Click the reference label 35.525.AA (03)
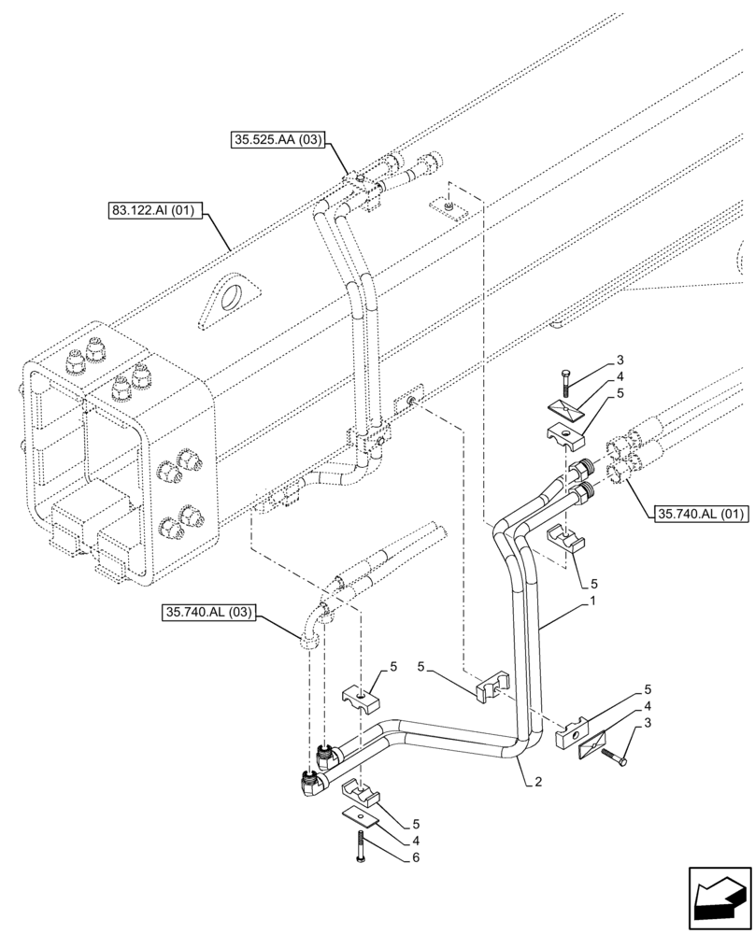tap(277, 141)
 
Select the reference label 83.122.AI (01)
tap(151, 210)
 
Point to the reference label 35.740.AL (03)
tap(208, 613)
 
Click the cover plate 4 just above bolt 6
tap(363, 815)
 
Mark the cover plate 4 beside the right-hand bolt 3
tap(591, 743)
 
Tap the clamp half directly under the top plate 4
tap(565, 434)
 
